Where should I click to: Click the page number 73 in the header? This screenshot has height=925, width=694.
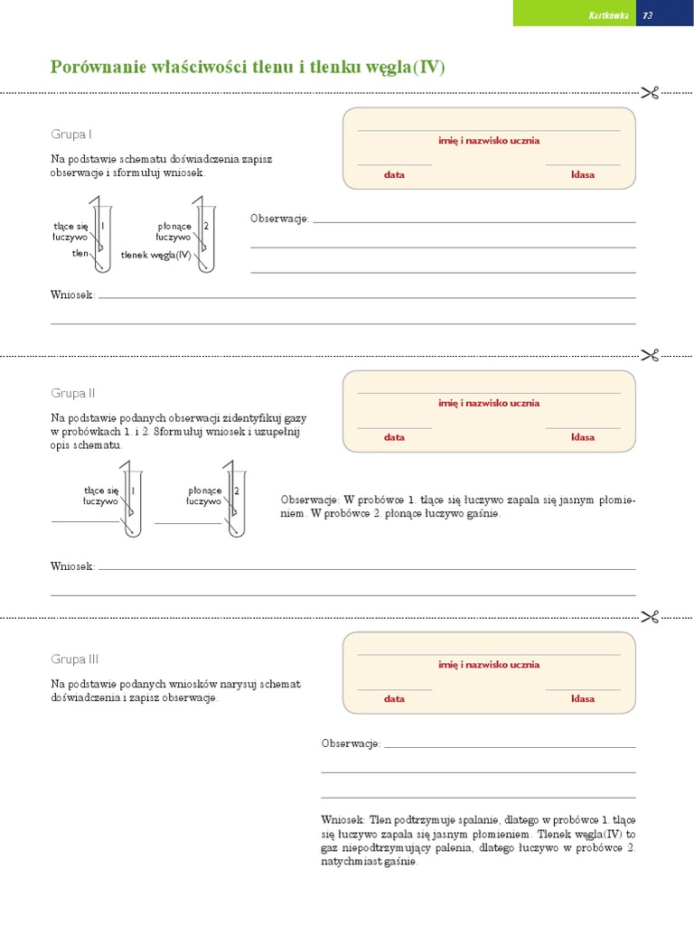[x=647, y=16]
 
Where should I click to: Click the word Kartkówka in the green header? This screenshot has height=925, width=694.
[x=608, y=16]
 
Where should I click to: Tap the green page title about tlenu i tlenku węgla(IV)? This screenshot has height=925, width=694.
[x=248, y=67]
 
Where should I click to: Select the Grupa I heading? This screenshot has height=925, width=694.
[x=70, y=135]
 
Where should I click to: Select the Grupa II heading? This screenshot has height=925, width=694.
[x=72, y=394]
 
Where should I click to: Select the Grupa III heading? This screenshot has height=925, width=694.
[x=74, y=659]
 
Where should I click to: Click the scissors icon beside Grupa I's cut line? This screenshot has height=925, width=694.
[x=650, y=93]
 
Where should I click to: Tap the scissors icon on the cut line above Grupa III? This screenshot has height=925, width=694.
[x=650, y=617]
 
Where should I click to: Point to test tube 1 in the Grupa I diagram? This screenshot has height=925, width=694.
[x=103, y=238]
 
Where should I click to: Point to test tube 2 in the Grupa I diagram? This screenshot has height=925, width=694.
[x=206, y=238]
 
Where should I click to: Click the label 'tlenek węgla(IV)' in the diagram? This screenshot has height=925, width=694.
[x=155, y=255]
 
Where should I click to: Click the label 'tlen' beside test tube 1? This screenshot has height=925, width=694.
[x=80, y=253]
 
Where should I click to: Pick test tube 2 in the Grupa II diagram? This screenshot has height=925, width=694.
[x=237, y=503]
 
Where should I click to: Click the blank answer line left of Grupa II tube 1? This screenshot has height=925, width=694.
[x=85, y=521]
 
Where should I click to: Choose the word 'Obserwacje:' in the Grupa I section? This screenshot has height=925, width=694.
[x=279, y=219]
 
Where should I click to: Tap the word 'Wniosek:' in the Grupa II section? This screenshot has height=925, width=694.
[x=72, y=566]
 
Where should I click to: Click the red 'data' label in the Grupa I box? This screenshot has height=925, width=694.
[x=394, y=174]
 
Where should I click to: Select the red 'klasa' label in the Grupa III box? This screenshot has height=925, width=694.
[x=583, y=698]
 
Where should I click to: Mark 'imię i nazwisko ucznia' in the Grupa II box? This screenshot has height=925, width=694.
[x=489, y=403]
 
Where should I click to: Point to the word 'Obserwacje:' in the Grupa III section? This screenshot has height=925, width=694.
[x=351, y=743]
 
